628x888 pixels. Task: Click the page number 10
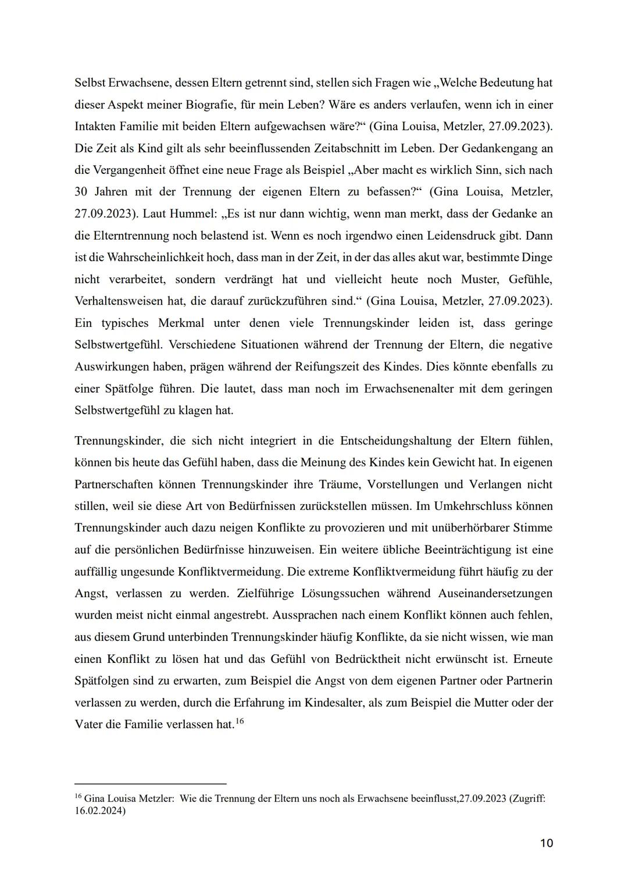click(546, 843)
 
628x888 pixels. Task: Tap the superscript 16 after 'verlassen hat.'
click(240, 721)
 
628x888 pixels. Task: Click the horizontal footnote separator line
click(151, 783)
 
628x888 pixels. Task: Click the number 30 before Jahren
click(81, 192)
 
